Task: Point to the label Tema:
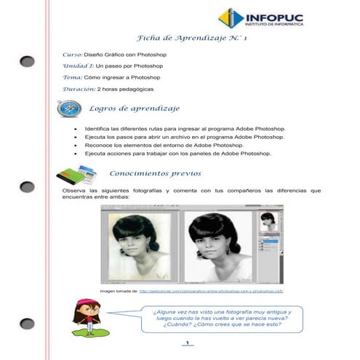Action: [x=72, y=76]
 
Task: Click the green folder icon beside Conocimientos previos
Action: [x=74, y=175]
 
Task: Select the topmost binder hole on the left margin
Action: [x=27, y=61]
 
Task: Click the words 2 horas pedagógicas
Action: [x=126, y=88]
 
